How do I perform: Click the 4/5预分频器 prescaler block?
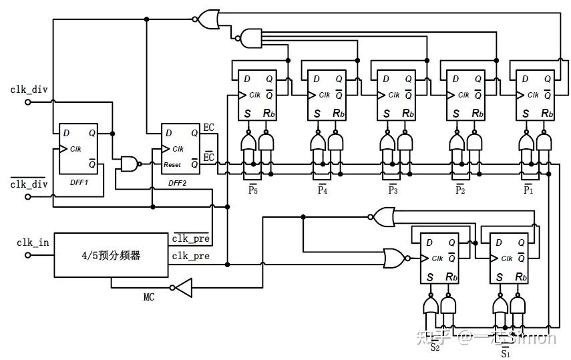coord(110,255)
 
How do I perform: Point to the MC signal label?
coord(148,297)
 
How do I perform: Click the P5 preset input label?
coord(252,190)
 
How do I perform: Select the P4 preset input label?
coord(323,190)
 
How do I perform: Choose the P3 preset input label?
coord(393,190)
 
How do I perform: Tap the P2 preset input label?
coord(460,190)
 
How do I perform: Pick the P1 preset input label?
coord(528,190)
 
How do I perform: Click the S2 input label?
coord(435,346)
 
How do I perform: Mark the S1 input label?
coord(505,353)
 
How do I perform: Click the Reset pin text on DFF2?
coord(173,164)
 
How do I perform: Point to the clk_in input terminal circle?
coord(27,254)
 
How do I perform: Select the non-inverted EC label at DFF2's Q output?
coord(208,127)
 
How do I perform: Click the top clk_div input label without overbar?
coord(29,89)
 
